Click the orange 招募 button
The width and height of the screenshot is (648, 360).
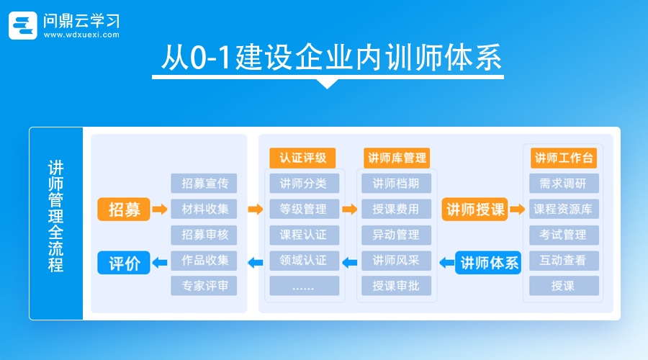coord(124,210)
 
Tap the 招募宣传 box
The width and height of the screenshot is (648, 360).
coord(204,184)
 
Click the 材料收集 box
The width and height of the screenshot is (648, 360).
coord(204,210)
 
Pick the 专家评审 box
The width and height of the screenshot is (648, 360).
coord(204,286)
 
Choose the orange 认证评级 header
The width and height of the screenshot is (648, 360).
coord(303,158)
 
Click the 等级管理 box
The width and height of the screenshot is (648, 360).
coord(303,210)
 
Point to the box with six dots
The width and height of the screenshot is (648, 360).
coord(303,286)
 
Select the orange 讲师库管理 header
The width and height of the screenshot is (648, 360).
coord(396,158)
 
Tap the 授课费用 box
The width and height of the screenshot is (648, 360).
coord(396,210)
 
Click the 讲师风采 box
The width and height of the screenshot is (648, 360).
coord(396,260)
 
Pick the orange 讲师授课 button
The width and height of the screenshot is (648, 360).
coord(475,210)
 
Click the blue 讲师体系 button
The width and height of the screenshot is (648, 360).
coord(490,263)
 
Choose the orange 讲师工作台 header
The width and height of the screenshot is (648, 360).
coord(564,158)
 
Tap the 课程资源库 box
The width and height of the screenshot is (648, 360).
coord(564,210)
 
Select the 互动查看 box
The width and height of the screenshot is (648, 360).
coord(564,260)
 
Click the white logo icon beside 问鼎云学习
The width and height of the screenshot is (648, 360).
coord(22,25)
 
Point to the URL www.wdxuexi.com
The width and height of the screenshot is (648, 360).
coord(81,35)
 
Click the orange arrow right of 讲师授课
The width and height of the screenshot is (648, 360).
coord(518,210)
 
